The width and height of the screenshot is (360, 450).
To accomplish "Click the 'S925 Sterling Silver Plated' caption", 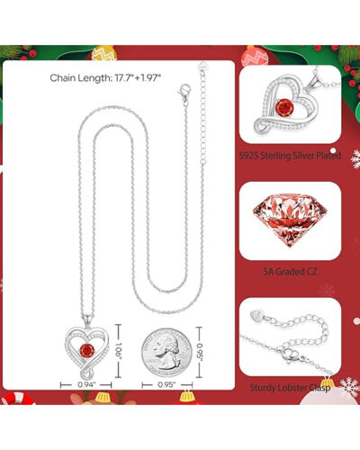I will point(292,154).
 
